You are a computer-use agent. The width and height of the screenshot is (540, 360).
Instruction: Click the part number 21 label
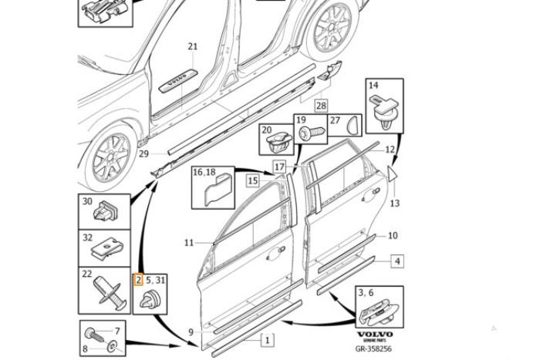pos(192,46)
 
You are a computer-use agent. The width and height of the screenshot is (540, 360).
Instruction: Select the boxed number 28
pos(320,106)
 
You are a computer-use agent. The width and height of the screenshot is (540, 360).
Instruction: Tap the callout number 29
pos(143,154)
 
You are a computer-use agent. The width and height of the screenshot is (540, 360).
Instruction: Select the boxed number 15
pos(252,180)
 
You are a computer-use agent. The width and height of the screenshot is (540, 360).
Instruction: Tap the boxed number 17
pos(279,167)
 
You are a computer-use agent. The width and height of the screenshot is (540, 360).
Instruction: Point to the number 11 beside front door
pos(189,243)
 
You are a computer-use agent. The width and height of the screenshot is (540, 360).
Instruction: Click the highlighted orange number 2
pos(139,280)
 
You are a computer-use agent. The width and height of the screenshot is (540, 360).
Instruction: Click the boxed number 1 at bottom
pos(268,339)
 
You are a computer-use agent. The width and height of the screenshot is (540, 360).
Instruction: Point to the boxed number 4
pos(397,261)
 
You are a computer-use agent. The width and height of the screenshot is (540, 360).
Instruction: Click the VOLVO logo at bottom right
pos(374,335)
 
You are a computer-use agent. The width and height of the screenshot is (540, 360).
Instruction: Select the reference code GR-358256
pos(373,348)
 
